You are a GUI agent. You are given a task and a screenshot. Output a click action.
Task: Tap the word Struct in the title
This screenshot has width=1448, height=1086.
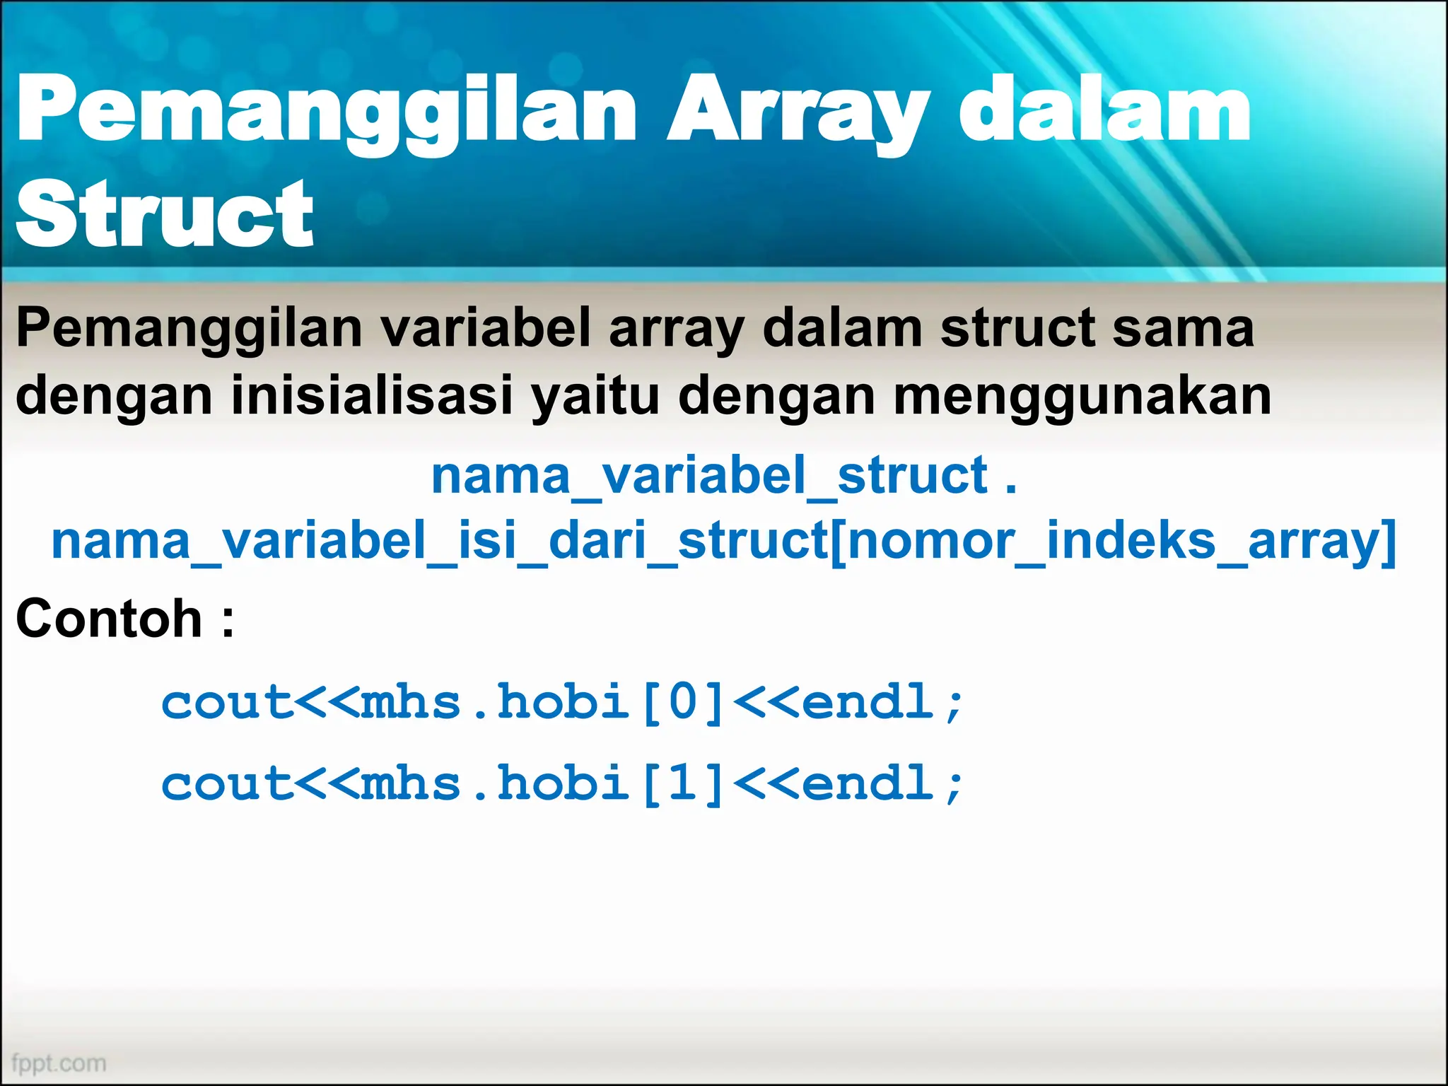click(x=164, y=214)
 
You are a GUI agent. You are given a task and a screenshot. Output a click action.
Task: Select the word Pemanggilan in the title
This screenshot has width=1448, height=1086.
click(x=327, y=113)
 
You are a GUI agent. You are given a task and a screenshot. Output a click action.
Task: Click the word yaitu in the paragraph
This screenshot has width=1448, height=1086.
click(x=596, y=397)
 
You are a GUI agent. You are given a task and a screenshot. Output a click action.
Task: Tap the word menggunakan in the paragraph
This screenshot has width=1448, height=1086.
click(x=1082, y=397)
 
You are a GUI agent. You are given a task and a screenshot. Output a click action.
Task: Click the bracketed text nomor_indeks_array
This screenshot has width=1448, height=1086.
click(x=1114, y=542)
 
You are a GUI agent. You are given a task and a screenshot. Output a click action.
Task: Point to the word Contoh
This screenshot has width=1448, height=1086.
click(x=109, y=619)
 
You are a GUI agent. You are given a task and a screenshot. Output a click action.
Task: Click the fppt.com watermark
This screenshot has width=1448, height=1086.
click(x=59, y=1063)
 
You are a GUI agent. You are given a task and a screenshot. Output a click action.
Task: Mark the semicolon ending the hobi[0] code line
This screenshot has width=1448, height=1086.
click(x=954, y=705)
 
